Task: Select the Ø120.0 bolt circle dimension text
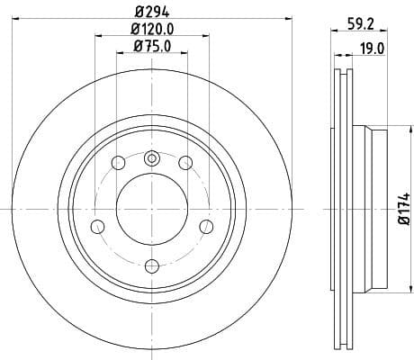[x=151, y=30]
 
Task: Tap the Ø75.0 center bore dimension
[x=151, y=47]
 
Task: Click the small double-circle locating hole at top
[x=151, y=158]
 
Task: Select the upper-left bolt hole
[x=118, y=163]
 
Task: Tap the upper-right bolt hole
[x=185, y=163]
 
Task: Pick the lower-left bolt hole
[x=98, y=225]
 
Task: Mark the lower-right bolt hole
[x=205, y=225]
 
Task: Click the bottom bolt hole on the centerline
[x=151, y=265]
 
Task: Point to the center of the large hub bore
[x=151, y=209]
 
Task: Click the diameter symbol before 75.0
[x=135, y=47]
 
